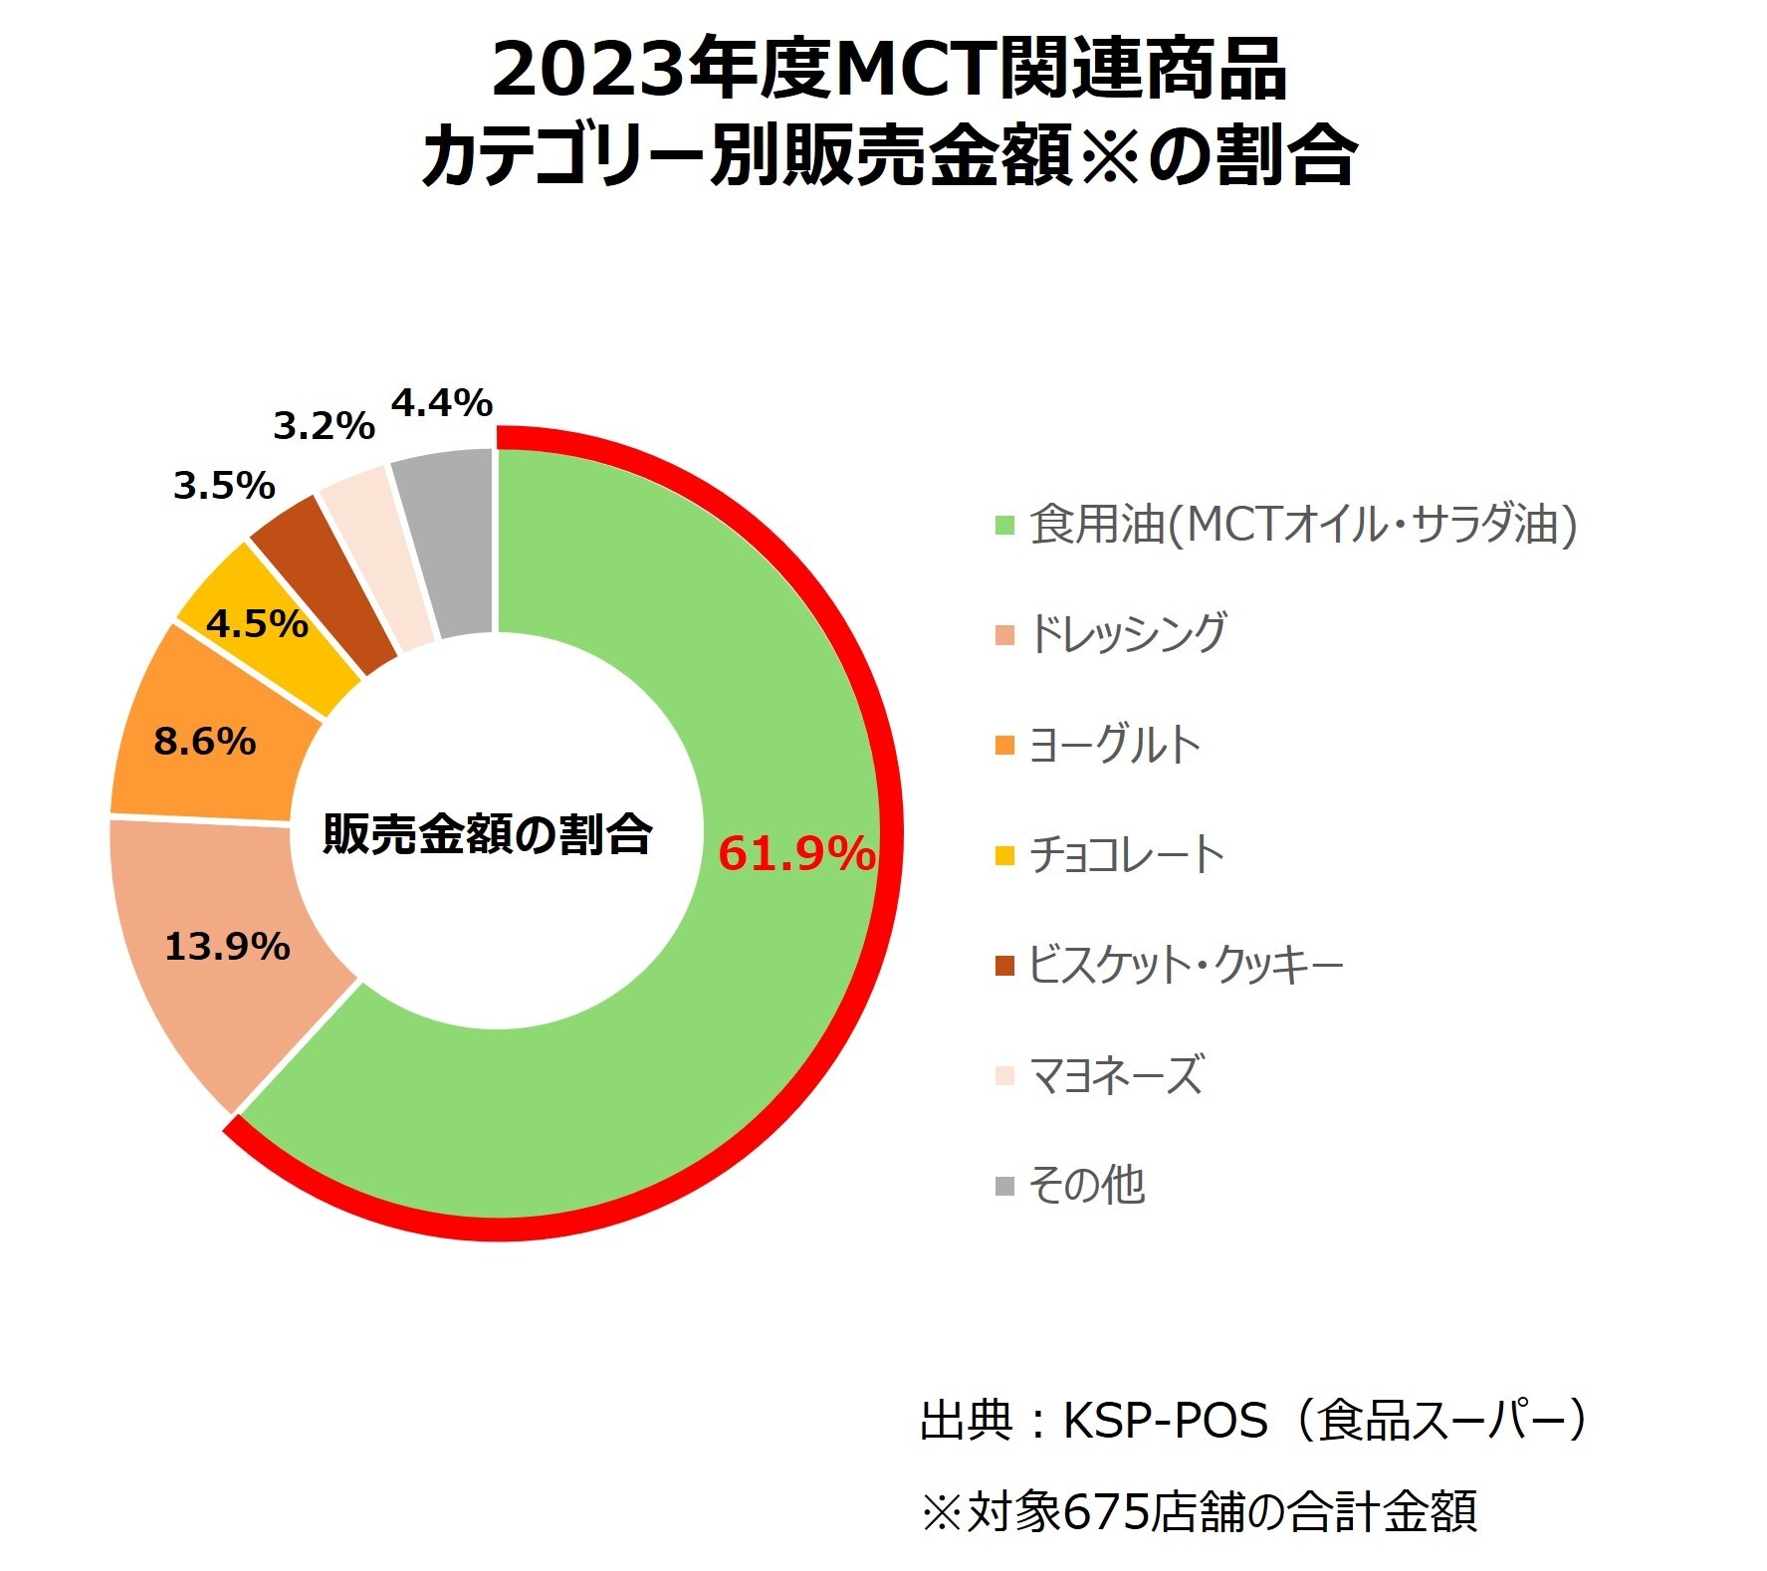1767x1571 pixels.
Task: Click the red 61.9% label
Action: (x=795, y=854)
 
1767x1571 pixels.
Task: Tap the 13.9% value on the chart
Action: (x=227, y=946)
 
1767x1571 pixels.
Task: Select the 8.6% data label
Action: (x=204, y=742)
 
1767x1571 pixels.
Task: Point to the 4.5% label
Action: (x=257, y=624)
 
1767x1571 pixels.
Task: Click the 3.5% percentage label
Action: (x=224, y=486)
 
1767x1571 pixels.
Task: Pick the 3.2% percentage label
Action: (x=324, y=426)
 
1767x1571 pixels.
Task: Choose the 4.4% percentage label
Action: (x=441, y=403)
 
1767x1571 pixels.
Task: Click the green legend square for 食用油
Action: (x=1004, y=525)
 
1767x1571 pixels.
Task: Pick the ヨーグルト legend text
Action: (x=1114, y=745)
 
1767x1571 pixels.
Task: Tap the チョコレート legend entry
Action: (x=1126, y=854)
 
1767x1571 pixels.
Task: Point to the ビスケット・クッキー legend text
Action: (x=1185, y=965)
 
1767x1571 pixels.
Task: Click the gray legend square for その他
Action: (x=1004, y=1186)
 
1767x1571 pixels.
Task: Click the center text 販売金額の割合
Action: (x=487, y=834)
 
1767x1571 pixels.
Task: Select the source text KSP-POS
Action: (x=1166, y=1420)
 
